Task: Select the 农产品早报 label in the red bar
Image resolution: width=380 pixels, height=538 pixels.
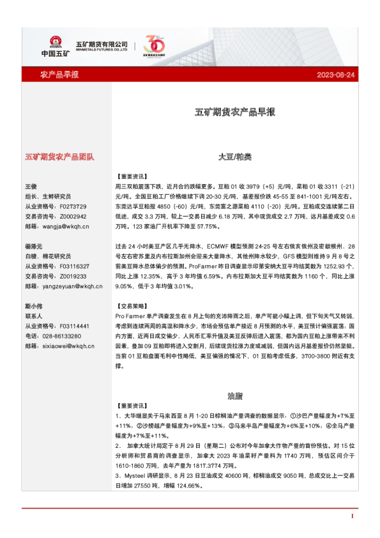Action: tap(59, 75)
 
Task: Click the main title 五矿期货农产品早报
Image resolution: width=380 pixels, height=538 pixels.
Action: tap(235, 112)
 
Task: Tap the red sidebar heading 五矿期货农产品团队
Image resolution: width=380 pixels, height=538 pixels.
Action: tap(59, 156)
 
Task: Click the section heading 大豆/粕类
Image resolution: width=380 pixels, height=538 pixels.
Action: tap(235, 156)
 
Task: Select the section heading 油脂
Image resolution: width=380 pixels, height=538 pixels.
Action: tap(235, 396)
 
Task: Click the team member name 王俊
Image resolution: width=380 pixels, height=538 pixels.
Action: tap(31, 186)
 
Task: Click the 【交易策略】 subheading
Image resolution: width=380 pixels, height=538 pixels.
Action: tap(132, 306)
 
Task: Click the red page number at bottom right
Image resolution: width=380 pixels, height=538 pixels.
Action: tap(352, 516)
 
